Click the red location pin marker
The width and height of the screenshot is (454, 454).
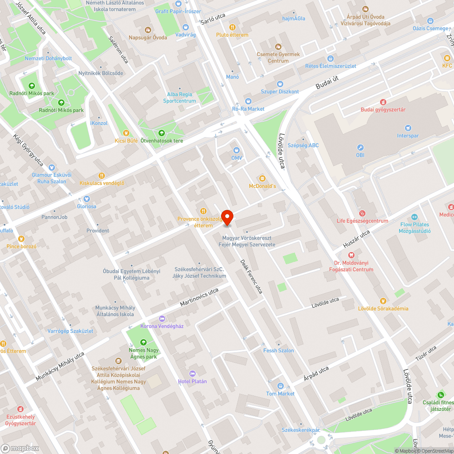(x=227, y=218)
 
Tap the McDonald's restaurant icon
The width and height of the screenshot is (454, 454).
(x=262, y=178)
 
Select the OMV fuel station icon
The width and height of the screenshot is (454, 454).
(x=237, y=150)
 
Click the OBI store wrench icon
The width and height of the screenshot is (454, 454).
(x=360, y=148)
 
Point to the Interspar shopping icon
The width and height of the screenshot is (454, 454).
(x=407, y=128)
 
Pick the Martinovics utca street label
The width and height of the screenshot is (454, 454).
(x=199, y=297)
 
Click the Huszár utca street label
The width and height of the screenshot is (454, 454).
(x=356, y=238)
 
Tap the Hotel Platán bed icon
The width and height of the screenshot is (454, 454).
(x=192, y=373)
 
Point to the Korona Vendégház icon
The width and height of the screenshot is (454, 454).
(x=162, y=318)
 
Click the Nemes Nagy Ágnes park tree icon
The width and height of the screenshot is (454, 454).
(x=143, y=342)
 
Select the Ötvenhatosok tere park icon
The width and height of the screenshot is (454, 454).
(x=162, y=133)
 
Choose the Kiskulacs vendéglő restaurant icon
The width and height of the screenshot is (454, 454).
(x=102, y=175)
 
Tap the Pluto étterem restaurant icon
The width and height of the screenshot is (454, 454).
(x=232, y=27)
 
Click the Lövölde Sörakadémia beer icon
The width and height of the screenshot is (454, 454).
(x=383, y=301)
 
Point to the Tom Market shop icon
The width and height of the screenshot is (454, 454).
(x=280, y=386)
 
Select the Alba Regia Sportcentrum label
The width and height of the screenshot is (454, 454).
(x=180, y=98)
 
